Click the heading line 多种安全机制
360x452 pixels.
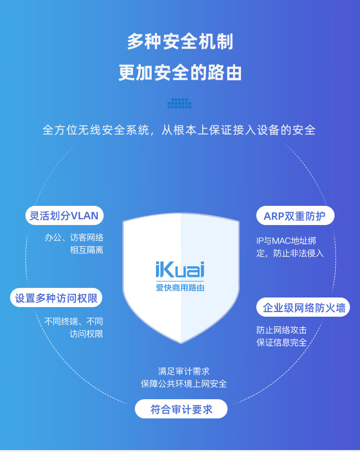point(180,42)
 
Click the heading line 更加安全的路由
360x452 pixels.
point(180,73)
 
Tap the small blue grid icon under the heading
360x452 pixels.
point(180,103)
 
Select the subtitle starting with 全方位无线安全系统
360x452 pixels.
point(179,130)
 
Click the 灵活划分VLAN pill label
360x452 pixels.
point(64,216)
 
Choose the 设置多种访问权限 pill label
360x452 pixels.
point(56,298)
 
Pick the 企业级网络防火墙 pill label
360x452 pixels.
point(304,308)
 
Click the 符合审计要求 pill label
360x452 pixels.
point(181,409)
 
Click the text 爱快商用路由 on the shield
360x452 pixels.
point(180,288)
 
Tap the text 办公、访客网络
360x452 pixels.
point(74,238)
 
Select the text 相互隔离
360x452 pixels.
point(86,250)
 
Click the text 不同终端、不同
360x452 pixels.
point(74,321)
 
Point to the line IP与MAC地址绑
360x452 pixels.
point(287,241)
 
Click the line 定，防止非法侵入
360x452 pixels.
point(290,253)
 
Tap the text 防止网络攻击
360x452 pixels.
point(281,330)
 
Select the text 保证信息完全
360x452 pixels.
point(281,343)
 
